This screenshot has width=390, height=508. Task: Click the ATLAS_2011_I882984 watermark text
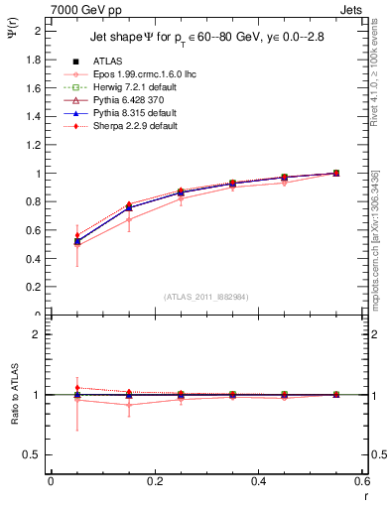[x=206, y=297]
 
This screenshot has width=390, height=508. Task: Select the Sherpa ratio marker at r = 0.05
[x=51, y=388]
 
